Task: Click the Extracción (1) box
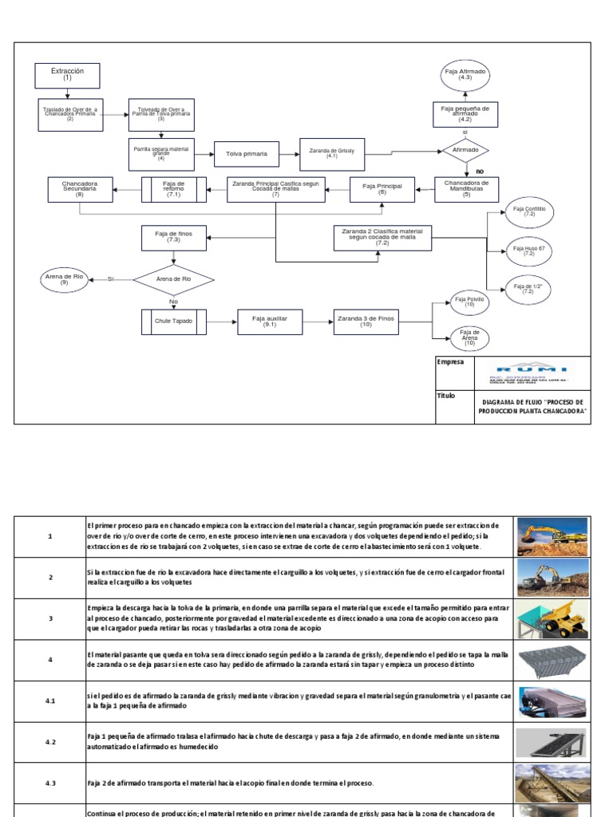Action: pos(67,75)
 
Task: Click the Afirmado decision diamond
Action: pos(465,150)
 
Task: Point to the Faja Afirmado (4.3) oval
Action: pos(465,76)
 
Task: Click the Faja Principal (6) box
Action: pos(382,189)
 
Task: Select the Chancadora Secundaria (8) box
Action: pos(79,189)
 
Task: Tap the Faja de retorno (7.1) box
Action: pos(173,189)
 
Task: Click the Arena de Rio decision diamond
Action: pos(173,279)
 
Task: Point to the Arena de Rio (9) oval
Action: pos(64,279)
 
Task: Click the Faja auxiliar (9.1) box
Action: pos(269,321)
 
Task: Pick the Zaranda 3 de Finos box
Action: pos(366,321)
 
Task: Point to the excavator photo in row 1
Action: pos(552,537)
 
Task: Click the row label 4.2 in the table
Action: pos(49,741)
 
